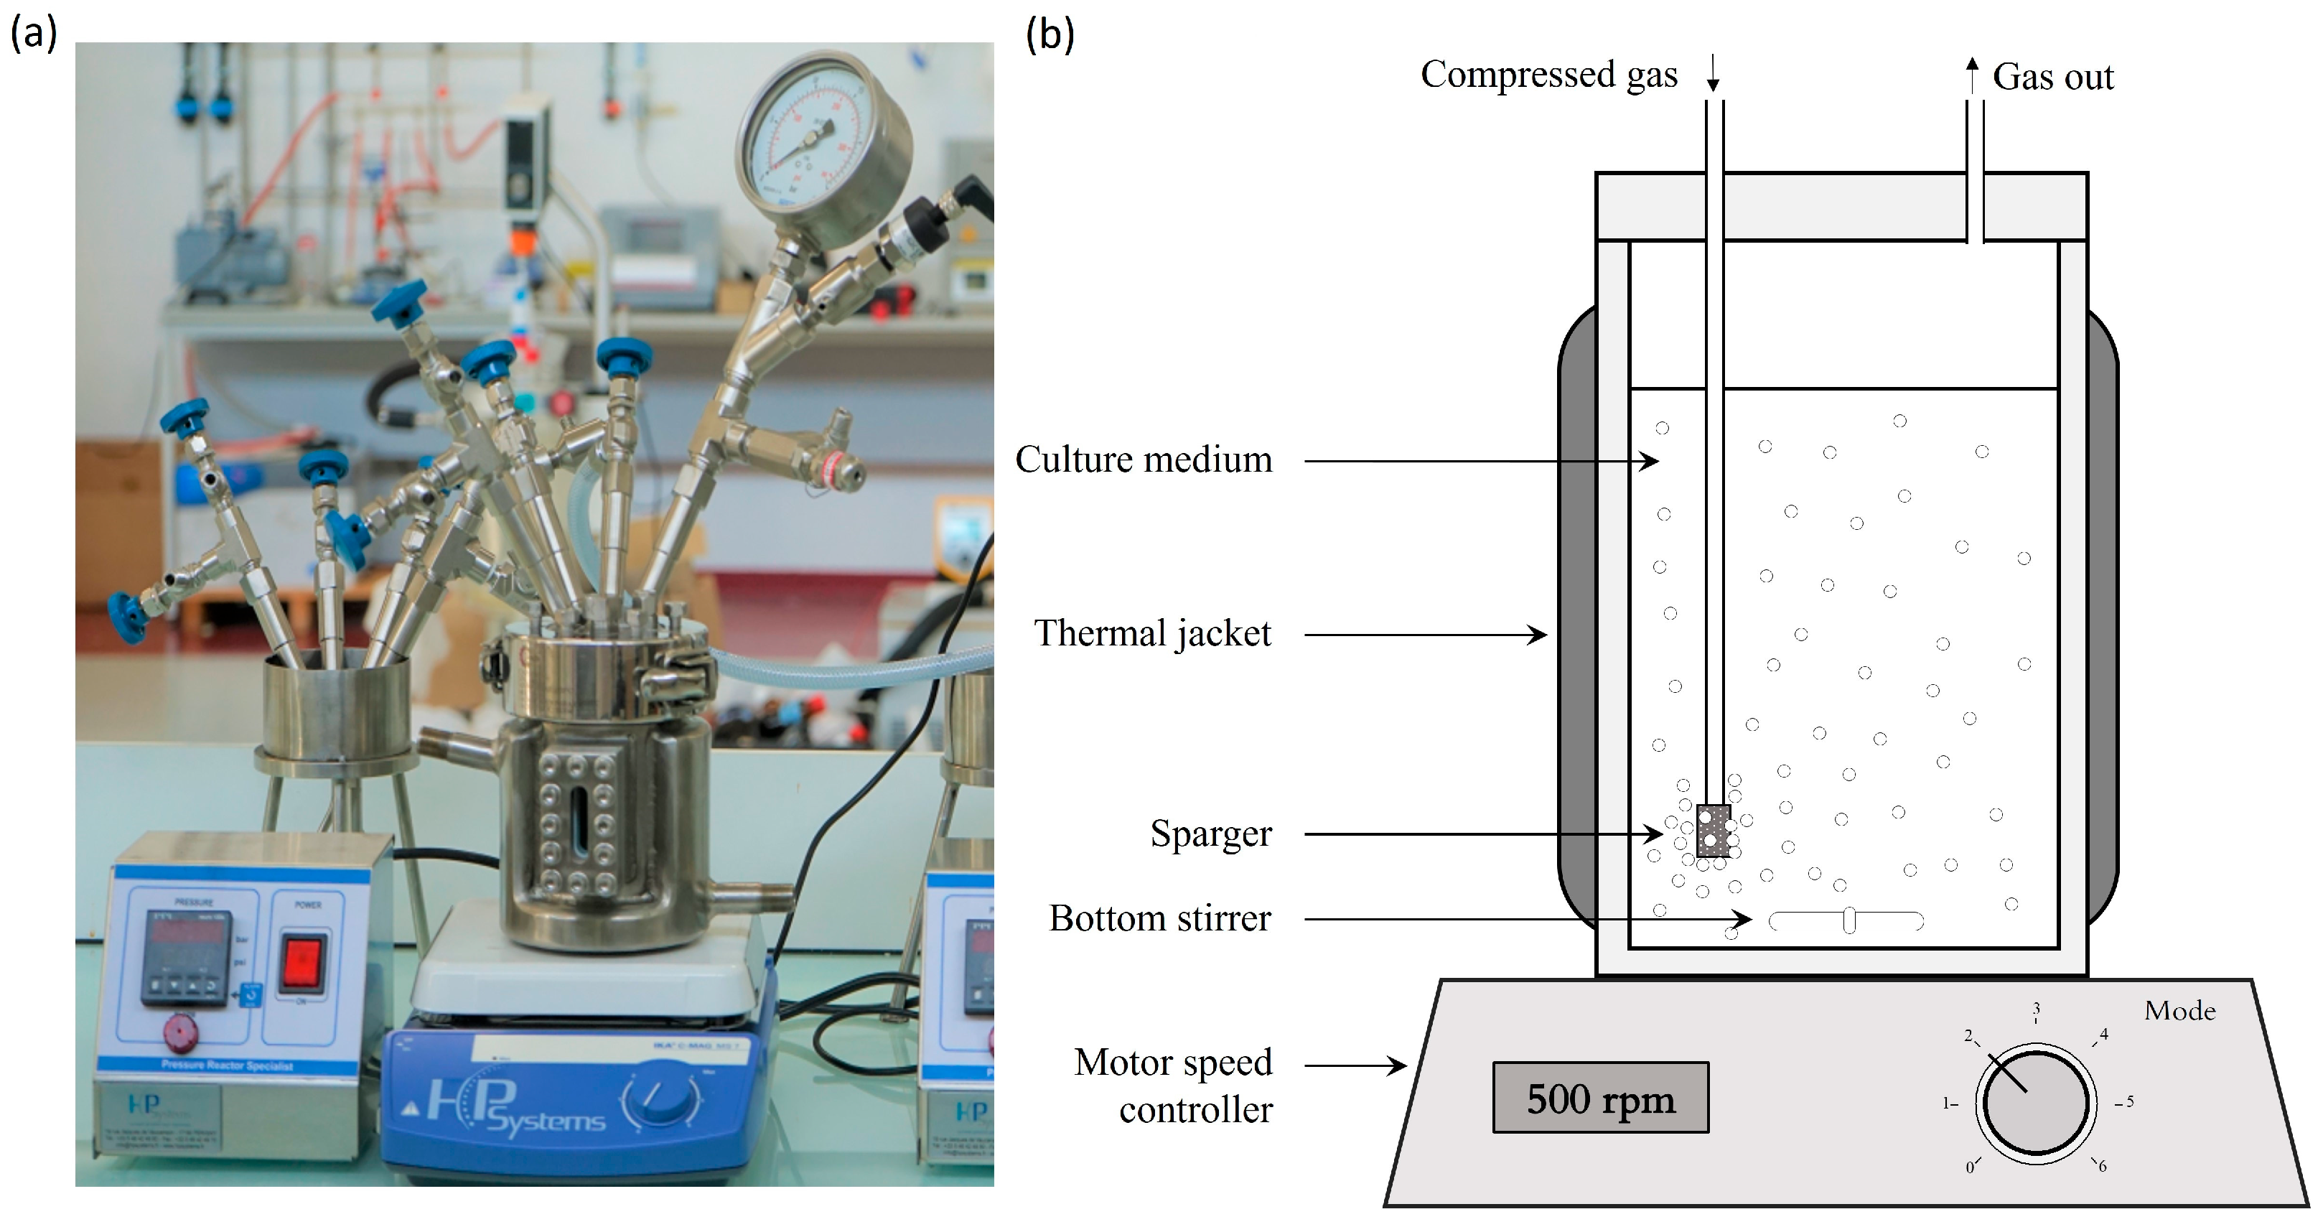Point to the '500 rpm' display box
click(1601, 1098)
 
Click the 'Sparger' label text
click(1210, 834)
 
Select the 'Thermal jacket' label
click(1151, 634)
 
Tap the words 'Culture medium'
click(1144, 460)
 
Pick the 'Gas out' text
click(2052, 78)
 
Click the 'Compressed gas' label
click(1548, 75)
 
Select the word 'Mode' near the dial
click(2179, 1010)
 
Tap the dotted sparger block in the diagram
click(1714, 830)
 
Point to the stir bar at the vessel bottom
click(1847, 921)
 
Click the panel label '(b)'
click(1050, 35)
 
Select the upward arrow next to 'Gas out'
click(1972, 74)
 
